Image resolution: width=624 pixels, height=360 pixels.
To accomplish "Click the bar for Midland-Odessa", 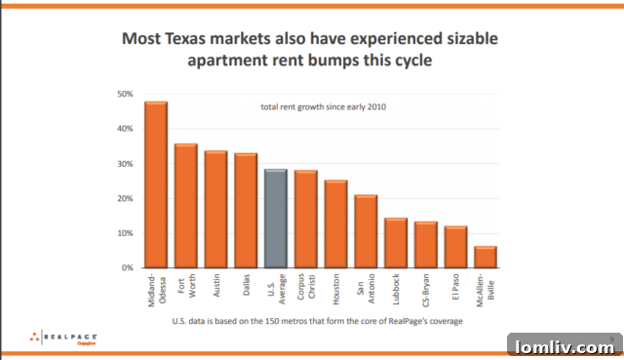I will click(156, 184).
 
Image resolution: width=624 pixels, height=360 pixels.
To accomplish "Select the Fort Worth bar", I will click(186, 206).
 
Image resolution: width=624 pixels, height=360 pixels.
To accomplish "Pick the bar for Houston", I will click(336, 223).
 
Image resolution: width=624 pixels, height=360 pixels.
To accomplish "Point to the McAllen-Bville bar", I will click(486, 257).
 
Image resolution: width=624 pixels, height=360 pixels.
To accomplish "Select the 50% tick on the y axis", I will click(125, 95).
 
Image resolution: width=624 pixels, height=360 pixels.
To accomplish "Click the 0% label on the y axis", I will click(127, 267).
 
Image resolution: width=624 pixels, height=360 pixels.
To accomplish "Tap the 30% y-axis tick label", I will click(125, 164).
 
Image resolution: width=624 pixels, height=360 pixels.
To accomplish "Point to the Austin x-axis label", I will click(216, 287).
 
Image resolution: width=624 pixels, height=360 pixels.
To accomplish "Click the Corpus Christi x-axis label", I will click(306, 291).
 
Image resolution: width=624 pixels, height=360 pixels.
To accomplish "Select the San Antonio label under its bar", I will click(366, 292).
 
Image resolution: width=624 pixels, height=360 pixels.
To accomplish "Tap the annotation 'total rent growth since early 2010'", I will click(319, 107).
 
